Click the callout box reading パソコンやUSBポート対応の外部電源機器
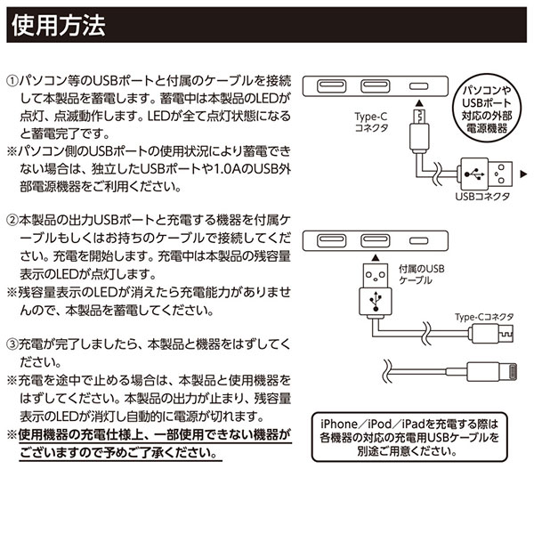tap(492, 109)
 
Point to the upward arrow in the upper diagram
tap(417, 105)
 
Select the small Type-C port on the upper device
tap(417, 86)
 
